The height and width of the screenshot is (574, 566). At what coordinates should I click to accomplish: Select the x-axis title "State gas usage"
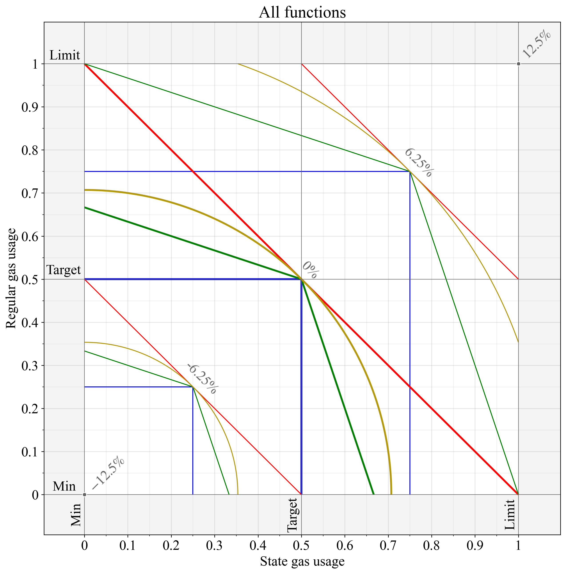(302, 561)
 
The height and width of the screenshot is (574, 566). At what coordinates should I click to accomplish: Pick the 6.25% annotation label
(418, 163)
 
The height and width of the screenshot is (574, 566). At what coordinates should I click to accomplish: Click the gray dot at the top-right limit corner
(518, 64)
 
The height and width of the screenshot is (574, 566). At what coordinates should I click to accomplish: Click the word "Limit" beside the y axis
(64, 55)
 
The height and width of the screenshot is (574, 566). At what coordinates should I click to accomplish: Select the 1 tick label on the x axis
(518, 546)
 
